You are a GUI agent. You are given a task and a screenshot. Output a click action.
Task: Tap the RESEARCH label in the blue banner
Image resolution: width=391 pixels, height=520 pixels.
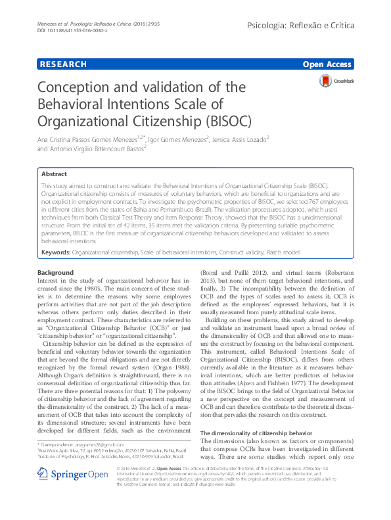tap(63, 64)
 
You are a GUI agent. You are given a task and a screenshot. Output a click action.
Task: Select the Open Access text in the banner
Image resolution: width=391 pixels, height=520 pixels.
tap(328, 64)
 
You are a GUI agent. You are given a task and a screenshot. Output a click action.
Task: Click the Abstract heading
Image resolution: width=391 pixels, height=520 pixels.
tap(54, 175)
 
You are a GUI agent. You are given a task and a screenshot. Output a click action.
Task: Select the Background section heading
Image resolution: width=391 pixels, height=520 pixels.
tap(55, 272)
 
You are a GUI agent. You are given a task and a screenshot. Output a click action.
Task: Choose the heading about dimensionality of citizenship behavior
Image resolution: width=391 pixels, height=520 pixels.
tap(256, 434)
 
